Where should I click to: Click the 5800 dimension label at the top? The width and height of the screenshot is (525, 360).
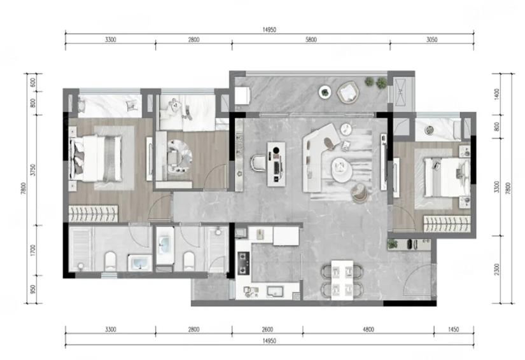pos(311,40)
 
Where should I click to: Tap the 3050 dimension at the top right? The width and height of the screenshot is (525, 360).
pos(432,40)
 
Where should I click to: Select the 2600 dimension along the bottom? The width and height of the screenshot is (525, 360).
pos(267,329)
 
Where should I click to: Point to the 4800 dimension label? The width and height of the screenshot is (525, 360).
pos(368,329)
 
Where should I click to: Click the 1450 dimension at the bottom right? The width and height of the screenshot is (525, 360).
pos(454,329)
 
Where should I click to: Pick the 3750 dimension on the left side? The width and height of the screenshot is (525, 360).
pos(32,170)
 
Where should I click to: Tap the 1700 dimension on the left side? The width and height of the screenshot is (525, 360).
pos(32,250)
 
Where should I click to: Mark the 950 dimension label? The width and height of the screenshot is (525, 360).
pos(32,289)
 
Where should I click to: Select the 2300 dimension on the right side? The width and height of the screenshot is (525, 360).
pos(496,269)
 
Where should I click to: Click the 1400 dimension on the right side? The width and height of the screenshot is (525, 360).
pos(496,94)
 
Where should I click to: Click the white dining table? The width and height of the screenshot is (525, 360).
pos(342,280)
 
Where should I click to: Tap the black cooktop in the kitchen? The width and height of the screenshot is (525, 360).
pos(244,263)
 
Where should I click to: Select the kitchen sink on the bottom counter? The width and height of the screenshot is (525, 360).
pos(275,291)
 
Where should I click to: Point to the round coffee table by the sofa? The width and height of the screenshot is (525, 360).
pos(342,169)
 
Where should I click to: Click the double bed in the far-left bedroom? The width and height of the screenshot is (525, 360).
pos(95,158)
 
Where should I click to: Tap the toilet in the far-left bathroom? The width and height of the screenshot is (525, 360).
pos(110,261)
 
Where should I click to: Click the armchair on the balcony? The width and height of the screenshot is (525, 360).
pos(348,92)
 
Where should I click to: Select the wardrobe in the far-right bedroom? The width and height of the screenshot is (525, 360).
pos(447,224)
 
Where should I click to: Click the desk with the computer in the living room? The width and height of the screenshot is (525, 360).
pos(276,163)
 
